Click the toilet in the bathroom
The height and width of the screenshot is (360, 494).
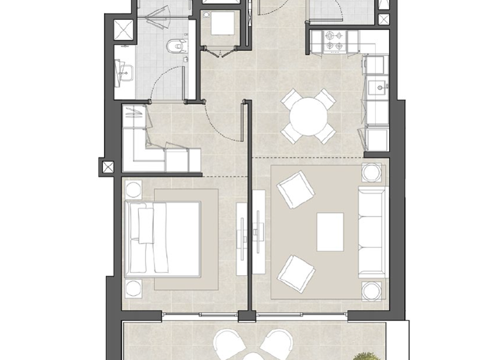174,46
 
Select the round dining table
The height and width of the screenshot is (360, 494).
309,116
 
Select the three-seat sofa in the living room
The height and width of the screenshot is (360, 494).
372,231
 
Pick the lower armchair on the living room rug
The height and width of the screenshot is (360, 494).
295,271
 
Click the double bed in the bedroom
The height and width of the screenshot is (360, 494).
163,237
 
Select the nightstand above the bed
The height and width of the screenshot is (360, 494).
133,190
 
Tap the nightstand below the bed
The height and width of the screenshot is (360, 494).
133,288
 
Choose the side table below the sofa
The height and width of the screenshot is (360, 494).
371,290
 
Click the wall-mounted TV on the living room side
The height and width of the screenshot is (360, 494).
258,232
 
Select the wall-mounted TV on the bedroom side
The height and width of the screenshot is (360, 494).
242,232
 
